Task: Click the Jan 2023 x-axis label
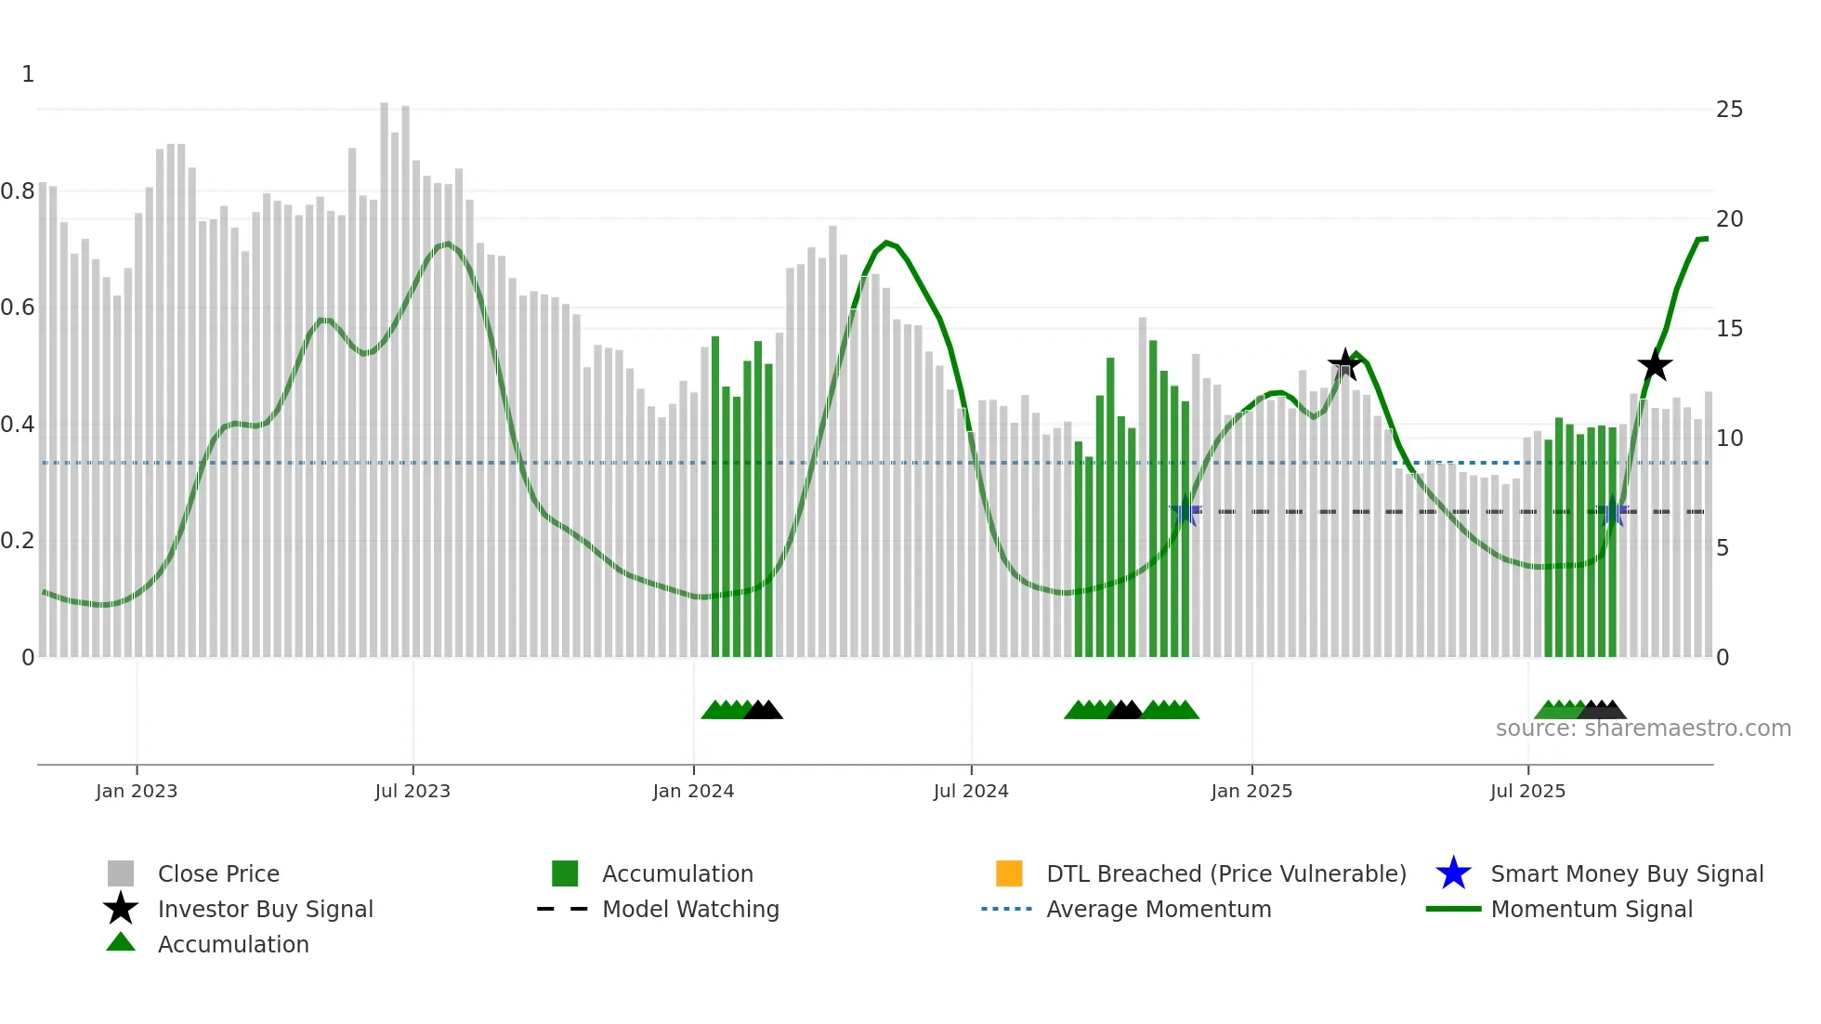tap(137, 791)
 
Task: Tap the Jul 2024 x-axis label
tap(971, 791)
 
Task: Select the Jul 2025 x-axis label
tap(1527, 791)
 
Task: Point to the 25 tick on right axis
tap(1729, 110)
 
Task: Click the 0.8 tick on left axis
tap(18, 191)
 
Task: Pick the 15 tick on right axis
tap(1729, 329)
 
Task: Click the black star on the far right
tap(1655, 366)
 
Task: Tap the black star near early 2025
tap(1344, 364)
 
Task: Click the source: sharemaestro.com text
tap(1643, 729)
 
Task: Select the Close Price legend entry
tap(218, 873)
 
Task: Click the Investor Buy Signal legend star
tap(121, 909)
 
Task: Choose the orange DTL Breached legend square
tap(1009, 873)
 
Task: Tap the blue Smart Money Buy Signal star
tap(1453, 873)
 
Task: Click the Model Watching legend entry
tap(690, 909)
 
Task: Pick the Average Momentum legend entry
tap(1158, 909)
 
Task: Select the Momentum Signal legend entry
tap(1591, 909)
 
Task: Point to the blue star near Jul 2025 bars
tap(1614, 513)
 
